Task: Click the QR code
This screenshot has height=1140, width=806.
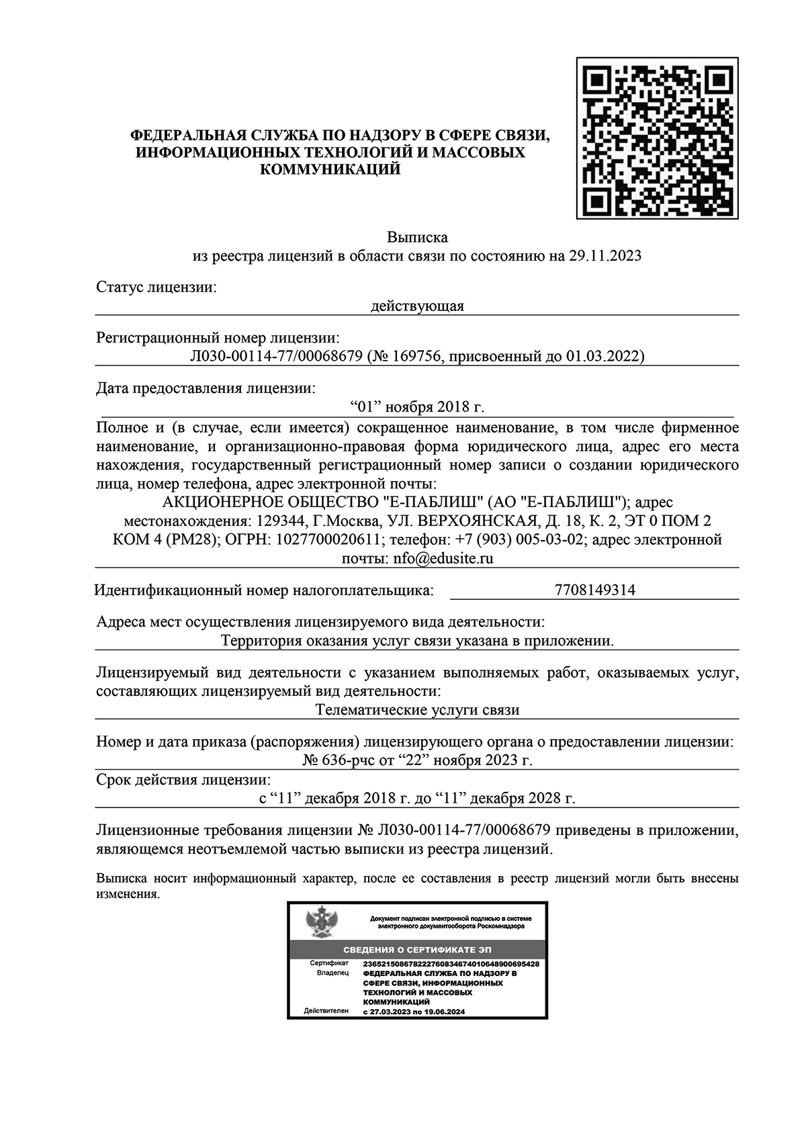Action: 657,138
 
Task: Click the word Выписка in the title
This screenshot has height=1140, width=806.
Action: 417,237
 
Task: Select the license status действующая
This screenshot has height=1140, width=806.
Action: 417,306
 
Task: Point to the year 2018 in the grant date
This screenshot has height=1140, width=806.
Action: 454,407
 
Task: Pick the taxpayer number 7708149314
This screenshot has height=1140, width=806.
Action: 595,590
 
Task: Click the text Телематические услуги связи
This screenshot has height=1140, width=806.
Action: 417,709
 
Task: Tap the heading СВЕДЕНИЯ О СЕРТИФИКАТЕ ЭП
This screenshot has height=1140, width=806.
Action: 417,949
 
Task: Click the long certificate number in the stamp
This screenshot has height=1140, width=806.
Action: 450,964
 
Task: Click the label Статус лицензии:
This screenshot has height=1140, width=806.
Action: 156,288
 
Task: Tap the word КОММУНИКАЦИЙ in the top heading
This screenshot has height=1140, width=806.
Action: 330,170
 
